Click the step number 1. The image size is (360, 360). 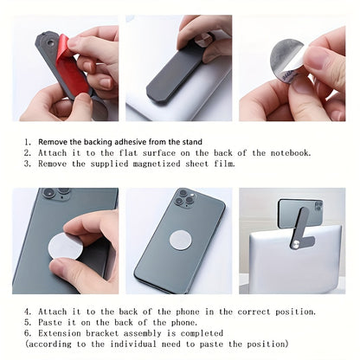point(27,141)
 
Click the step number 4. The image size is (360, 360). point(27,312)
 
